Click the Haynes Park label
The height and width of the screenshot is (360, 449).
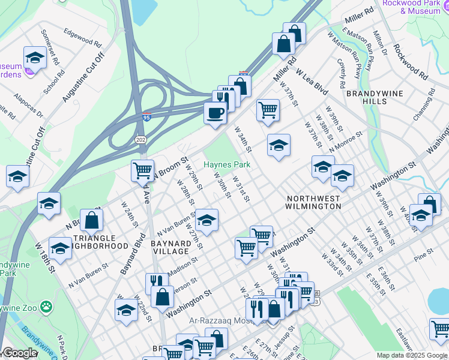click(x=226, y=164)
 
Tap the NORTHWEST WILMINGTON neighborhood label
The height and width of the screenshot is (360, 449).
click(x=313, y=202)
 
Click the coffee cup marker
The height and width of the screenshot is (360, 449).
click(x=215, y=112)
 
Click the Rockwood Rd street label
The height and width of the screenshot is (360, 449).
click(x=411, y=61)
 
